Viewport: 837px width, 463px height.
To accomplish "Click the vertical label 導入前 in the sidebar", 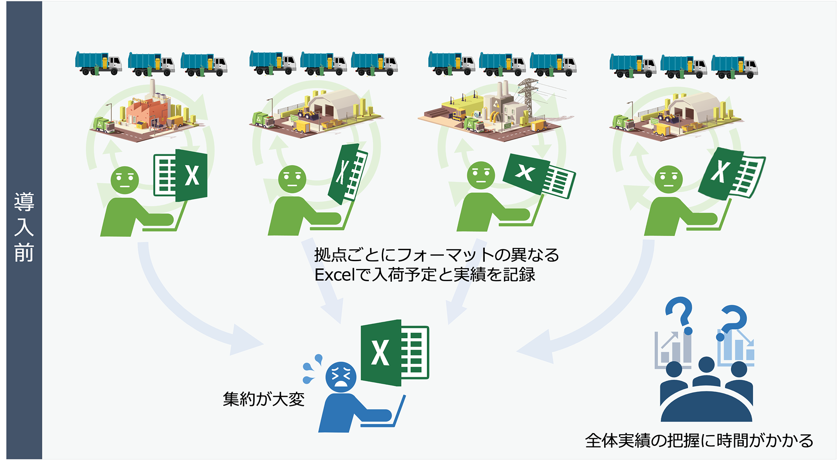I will point(24,227).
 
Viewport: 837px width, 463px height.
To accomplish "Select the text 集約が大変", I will point(263,399).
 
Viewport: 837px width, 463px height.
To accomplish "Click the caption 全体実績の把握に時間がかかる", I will point(699,440).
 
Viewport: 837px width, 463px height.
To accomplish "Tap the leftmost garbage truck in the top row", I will point(98,64).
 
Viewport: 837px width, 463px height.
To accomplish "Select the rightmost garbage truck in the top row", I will point(735,67).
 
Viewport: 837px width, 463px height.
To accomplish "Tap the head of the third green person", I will point(481,176).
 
